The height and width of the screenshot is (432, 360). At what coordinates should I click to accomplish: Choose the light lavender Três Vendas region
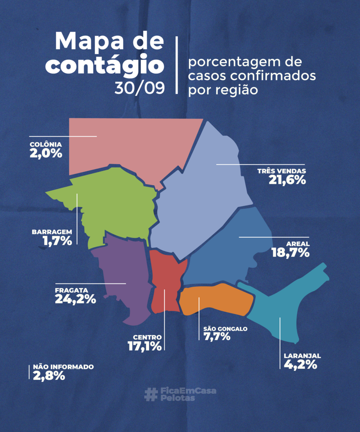pyautogui.click(x=202, y=198)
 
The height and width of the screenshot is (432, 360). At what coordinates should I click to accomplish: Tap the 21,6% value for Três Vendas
pyautogui.click(x=287, y=180)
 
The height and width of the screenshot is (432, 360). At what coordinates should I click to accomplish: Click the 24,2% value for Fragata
pyautogui.click(x=75, y=299)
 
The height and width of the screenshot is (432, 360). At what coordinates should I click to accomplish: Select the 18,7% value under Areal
pyautogui.click(x=291, y=253)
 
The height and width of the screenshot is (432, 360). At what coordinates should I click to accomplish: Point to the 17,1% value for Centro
pyautogui.click(x=145, y=346)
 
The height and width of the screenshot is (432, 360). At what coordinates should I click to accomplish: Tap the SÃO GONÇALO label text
pyautogui.click(x=225, y=329)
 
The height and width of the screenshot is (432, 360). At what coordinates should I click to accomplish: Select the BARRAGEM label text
pyautogui.click(x=52, y=232)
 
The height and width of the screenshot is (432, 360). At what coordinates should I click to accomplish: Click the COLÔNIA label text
pyautogui.click(x=46, y=145)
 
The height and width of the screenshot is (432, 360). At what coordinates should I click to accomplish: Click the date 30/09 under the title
pyautogui.click(x=139, y=87)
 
